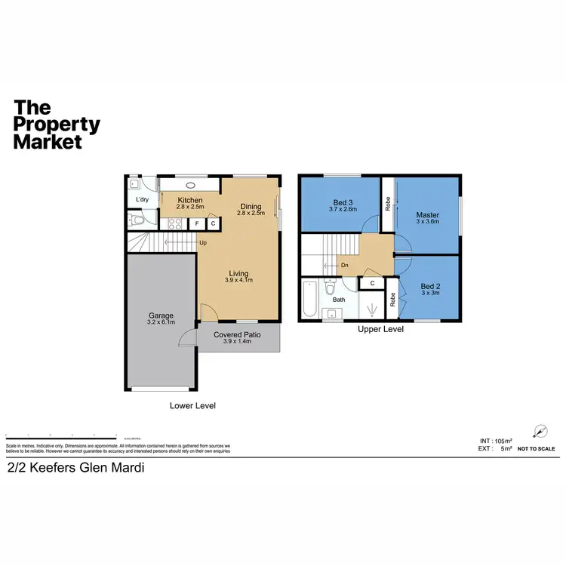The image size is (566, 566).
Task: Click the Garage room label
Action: point(161,315)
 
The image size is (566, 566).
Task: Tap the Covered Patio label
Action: point(238,334)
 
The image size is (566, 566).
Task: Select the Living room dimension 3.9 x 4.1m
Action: point(238,280)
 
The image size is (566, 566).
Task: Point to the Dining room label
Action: point(251,207)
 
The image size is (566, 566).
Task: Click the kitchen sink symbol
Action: point(189,184)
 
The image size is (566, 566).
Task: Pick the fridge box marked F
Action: point(197,223)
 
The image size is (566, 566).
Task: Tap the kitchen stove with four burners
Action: point(175,223)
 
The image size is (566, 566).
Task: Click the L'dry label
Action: point(141,200)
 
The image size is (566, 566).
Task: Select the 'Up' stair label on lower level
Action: point(203,242)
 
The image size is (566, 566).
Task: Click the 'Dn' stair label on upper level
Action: point(343,265)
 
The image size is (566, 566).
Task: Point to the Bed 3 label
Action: point(343,201)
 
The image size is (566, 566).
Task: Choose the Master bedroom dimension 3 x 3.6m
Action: point(427,223)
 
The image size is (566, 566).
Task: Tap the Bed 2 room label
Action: point(429,287)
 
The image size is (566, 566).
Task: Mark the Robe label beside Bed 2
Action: point(392,299)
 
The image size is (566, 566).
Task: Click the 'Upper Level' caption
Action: point(380,329)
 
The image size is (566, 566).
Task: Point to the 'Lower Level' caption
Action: point(192,405)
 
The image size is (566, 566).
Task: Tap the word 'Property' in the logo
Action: point(57,125)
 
